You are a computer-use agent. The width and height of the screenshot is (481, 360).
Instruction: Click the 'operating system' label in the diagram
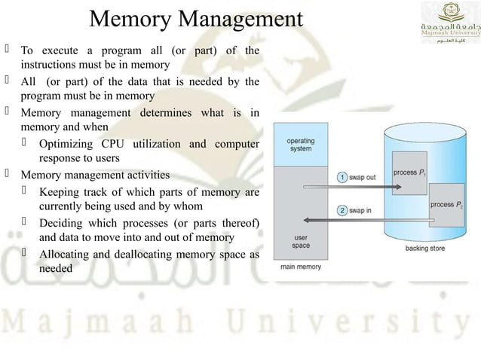point(301,145)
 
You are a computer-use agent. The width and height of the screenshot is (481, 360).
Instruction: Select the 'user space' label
point(301,242)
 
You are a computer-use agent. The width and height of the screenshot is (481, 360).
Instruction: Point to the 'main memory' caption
point(301,266)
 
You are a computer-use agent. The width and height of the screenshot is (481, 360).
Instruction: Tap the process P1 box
point(409,173)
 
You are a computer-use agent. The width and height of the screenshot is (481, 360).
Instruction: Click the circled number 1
point(342,178)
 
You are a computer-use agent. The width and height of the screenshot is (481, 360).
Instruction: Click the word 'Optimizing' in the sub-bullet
point(66,144)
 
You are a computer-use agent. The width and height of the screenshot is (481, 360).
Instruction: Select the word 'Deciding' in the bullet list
point(61,223)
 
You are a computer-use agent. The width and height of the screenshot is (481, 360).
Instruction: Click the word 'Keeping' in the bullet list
point(60,192)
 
